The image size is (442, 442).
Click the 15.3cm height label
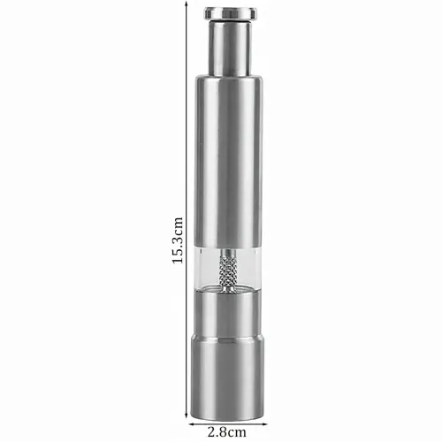click(x=178, y=240)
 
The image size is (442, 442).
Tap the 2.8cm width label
click(x=227, y=432)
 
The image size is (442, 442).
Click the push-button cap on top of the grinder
click(x=231, y=13)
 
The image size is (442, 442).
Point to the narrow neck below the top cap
click(x=231, y=49)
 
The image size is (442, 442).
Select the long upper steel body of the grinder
click(x=229, y=161)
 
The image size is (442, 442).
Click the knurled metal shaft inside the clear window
click(x=228, y=271)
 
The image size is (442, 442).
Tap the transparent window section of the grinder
click(x=228, y=268)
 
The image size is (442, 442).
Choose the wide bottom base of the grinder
click(x=227, y=377)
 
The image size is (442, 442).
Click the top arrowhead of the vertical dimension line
click(x=187, y=4)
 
